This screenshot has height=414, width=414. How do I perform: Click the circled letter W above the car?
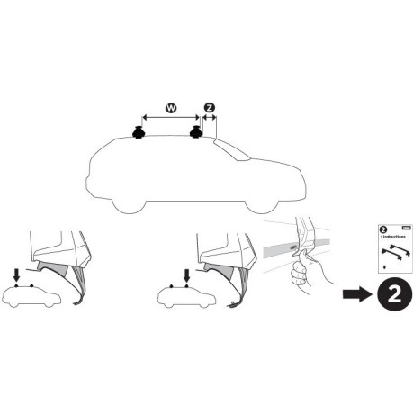pos(169,109)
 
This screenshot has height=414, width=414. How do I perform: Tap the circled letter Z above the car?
pos(210,109)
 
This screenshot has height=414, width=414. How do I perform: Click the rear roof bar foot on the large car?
pos(139,134)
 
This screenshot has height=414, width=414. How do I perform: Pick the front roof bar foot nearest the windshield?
pos(195,134)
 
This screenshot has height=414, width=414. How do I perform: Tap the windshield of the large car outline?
pos(233,152)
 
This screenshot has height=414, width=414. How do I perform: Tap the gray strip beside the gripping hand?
pos(282,244)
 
